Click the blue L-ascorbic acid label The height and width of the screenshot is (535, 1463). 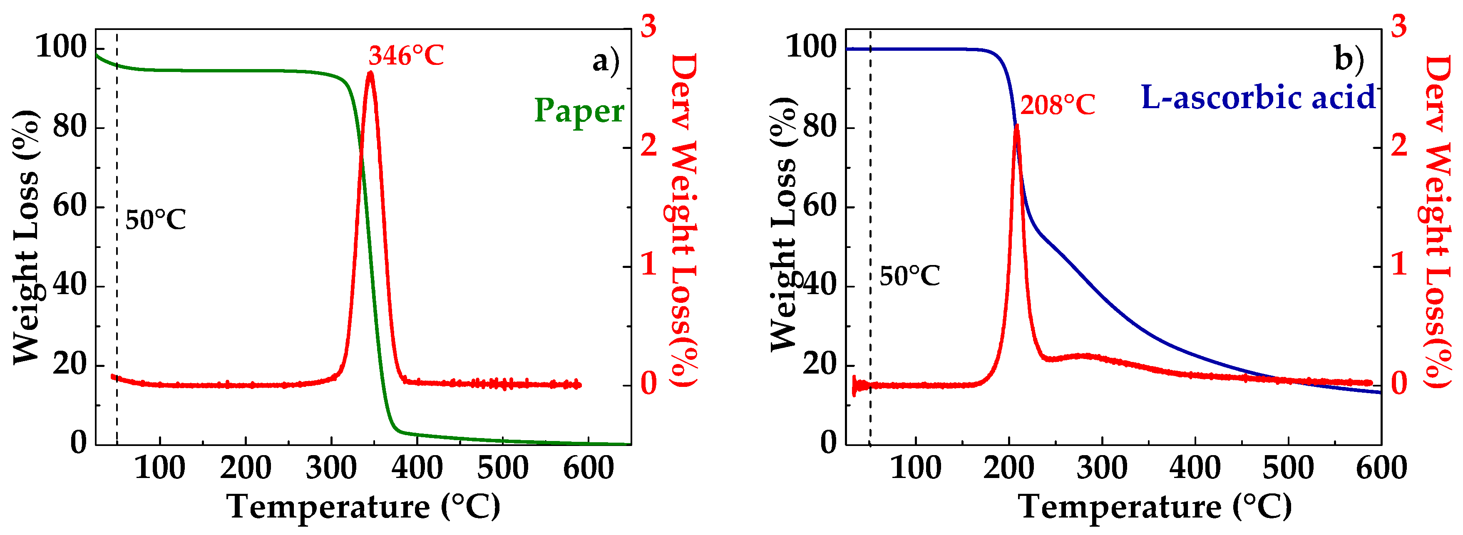[1257, 98]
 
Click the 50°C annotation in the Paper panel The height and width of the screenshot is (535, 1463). [155, 220]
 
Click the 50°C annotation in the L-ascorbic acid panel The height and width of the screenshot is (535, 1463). [909, 277]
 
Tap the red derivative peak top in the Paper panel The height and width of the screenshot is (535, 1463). [370, 73]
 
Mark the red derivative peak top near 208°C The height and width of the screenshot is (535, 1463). [1016, 126]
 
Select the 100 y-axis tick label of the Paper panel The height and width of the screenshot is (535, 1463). [61, 47]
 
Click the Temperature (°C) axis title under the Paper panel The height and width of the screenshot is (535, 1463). [363, 507]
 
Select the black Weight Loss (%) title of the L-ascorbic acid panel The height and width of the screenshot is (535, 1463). [784, 224]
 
